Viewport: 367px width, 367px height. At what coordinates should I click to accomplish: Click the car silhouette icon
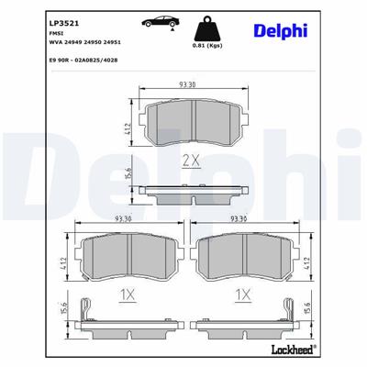click(160, 21)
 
